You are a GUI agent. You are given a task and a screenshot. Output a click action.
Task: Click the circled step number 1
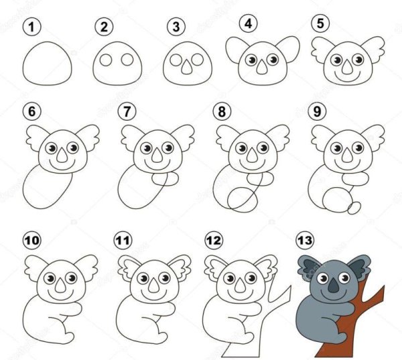tap(30, 27)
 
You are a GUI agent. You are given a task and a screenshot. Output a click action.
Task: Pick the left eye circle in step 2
tap(105, 61)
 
